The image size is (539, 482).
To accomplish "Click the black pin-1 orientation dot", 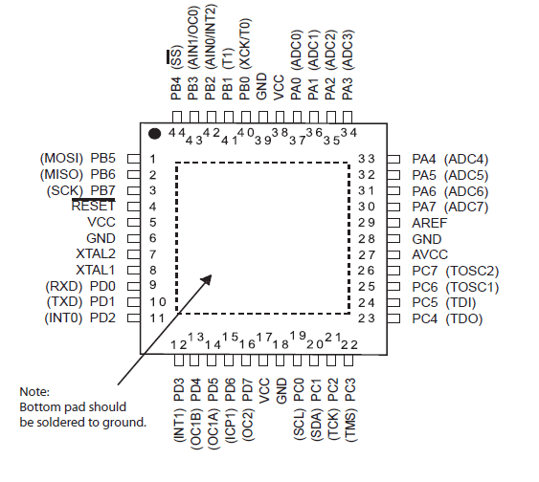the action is tap(154, 134).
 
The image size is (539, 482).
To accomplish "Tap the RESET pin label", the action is tap(93, 206).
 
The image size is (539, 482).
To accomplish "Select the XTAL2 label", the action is tap(96, 254).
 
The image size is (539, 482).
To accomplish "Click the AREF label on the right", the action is tap(429, 223).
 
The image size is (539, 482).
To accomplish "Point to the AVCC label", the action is tap(430, 254).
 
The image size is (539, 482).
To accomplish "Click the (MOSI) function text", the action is tap(62, 158).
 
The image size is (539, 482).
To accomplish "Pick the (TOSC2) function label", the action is tap(472, 272).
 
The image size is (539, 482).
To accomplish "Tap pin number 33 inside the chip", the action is tap(366, 159).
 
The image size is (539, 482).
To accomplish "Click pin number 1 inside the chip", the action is tap(153, 159).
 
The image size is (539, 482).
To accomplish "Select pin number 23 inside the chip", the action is tap(366, 318).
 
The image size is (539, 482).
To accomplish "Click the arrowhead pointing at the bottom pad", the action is tap(206, 279).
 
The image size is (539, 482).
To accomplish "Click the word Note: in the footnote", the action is tap(34, 392).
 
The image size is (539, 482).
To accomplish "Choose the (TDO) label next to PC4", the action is tap(464, 319).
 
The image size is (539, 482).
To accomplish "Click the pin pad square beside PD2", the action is tap(134, 318).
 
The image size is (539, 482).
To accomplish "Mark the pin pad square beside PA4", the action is tap(393, 159).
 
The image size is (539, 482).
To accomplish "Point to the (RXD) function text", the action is tap(64, 286).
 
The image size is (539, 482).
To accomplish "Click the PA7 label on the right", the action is tap(424, 207).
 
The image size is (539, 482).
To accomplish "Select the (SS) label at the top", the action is tap(175, 55).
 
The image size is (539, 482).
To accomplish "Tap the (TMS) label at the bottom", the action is tap(350, 425).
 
